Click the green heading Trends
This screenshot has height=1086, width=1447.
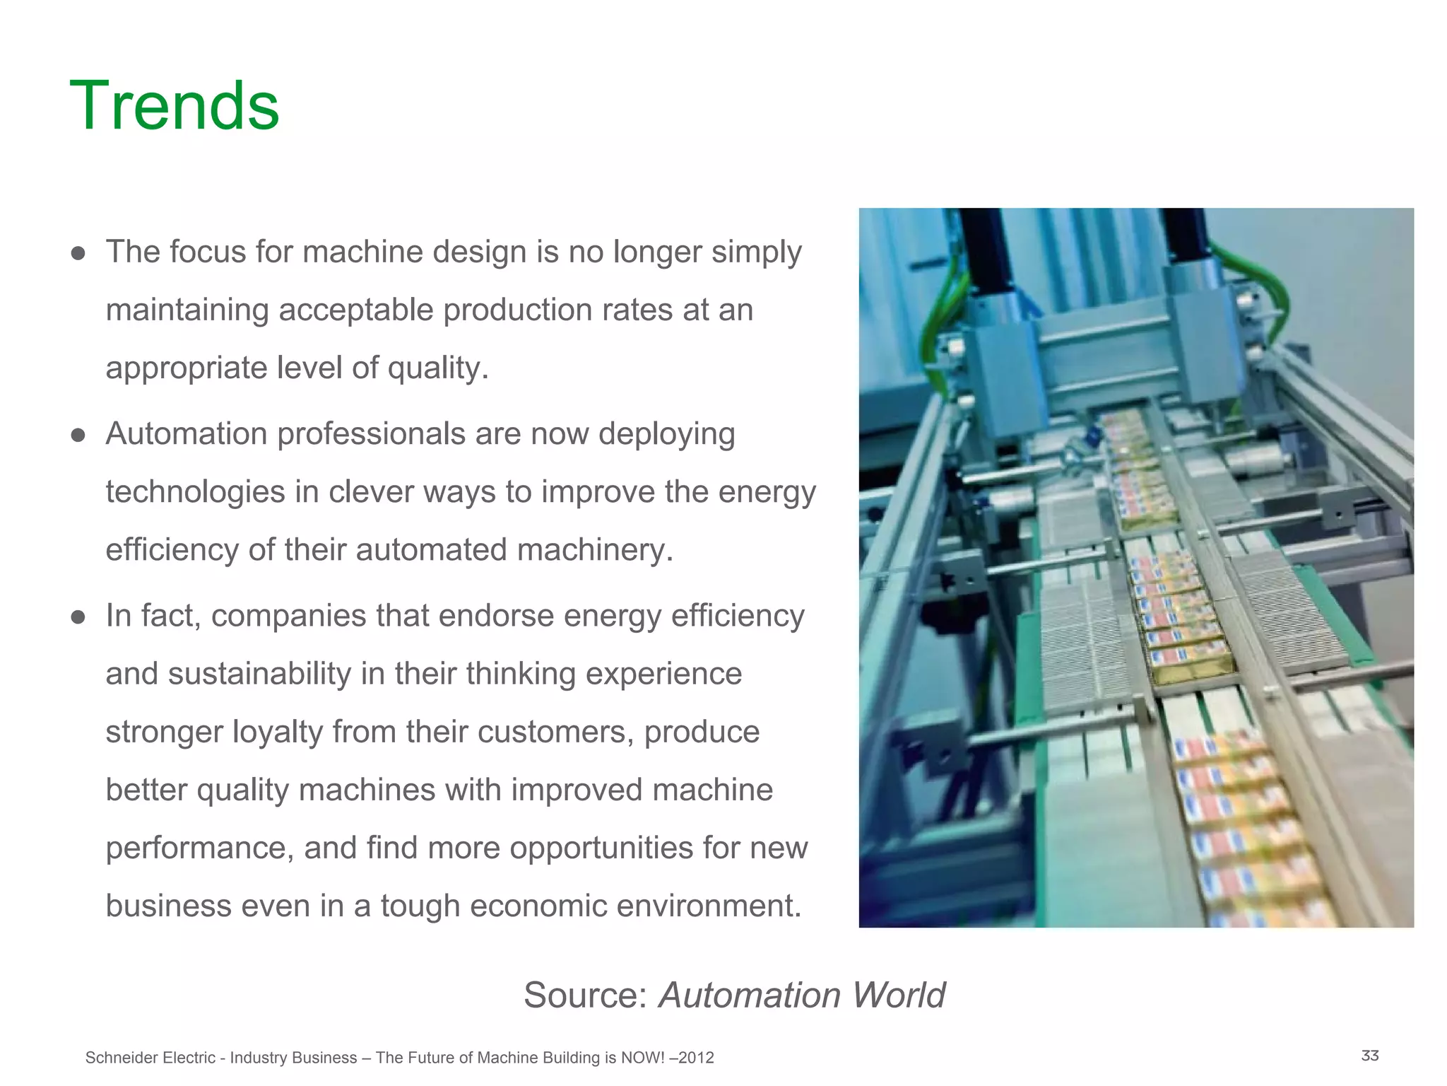tap(175, 106)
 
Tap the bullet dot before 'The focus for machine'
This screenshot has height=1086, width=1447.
tap(78, 253)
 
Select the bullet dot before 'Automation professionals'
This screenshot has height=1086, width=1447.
tap(78, 435)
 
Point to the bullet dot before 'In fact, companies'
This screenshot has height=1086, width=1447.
tap(78, 617)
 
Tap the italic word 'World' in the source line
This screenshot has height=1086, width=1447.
tap(898, 995)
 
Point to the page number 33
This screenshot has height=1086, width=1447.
tap(1370, 1056)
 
